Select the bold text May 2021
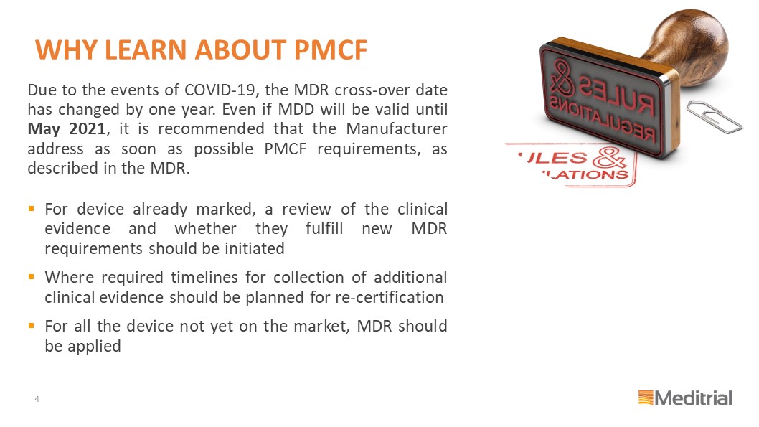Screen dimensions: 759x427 (67, 128)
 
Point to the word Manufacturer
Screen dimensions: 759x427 (397, 128)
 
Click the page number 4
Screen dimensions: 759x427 (37, 399)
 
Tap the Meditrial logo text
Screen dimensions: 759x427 (693, 398)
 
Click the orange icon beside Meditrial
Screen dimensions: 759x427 (646, 398)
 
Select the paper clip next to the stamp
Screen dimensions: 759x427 (714, 117)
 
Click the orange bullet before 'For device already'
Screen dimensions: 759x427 (32, 209)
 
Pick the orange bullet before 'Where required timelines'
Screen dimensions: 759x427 (32, 277)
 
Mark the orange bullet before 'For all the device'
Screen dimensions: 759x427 (32, 326)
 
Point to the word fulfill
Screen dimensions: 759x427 (324, 228)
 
